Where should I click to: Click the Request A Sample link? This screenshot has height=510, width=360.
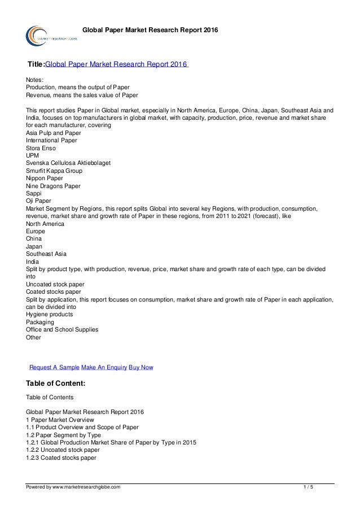54,367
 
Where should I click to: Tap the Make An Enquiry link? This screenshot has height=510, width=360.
104,367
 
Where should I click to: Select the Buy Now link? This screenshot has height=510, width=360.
141,367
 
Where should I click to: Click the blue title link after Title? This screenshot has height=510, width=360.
116,64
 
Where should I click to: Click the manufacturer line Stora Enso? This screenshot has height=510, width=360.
41,148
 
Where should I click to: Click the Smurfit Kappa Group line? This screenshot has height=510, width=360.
54,171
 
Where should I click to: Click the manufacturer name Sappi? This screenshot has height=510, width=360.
34,193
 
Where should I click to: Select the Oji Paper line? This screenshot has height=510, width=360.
39,200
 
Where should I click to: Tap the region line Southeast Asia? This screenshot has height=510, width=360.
46,254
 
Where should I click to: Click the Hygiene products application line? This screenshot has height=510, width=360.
49,314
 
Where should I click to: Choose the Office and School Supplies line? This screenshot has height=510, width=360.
62,329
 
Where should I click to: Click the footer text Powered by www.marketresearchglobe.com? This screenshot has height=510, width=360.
73,486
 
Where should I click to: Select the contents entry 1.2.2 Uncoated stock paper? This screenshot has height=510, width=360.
63,450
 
